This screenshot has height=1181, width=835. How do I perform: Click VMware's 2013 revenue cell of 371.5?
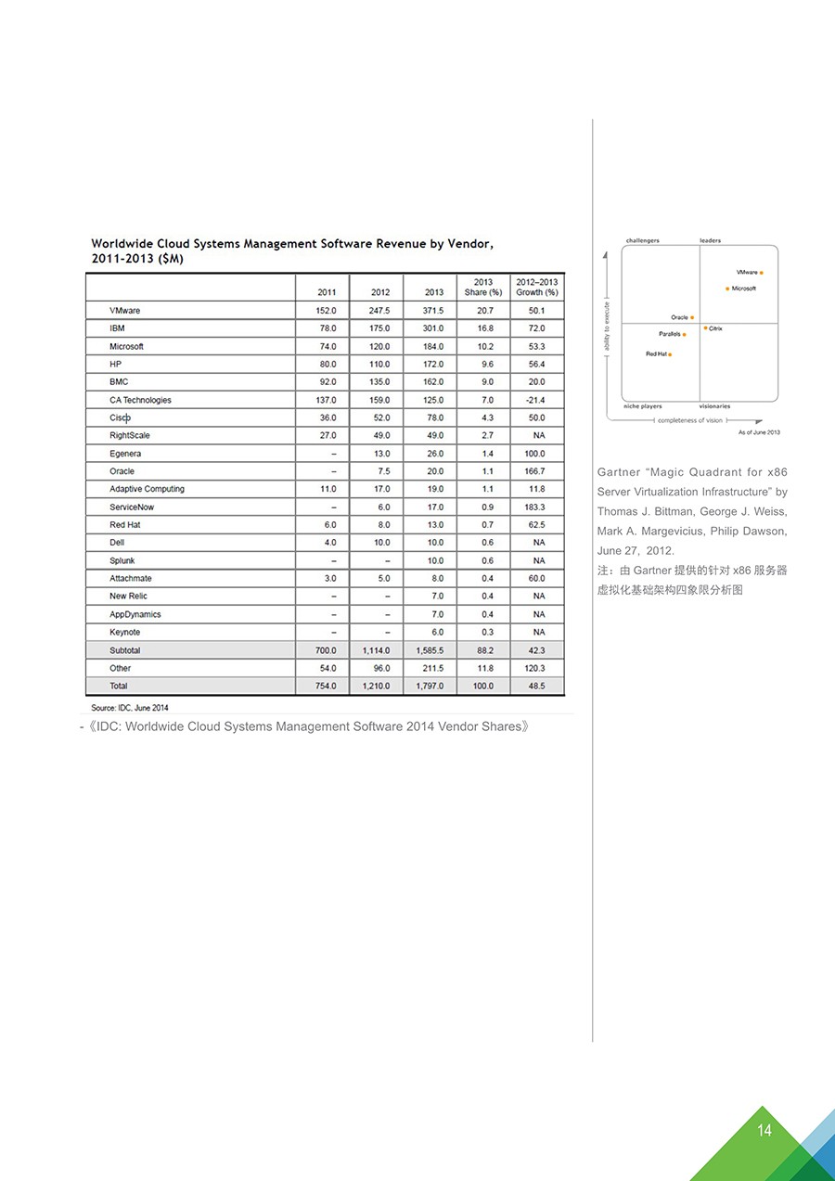click(x=433, y=311)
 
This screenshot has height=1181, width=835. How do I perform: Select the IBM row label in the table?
click(x=117, y=328)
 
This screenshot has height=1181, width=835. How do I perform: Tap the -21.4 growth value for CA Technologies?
click(x=535, y=400)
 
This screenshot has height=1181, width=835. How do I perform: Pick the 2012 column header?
click(x=380, y=292)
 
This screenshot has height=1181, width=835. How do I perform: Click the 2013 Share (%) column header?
click(x=482, y=287)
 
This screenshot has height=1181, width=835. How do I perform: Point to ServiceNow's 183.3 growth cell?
click(x=535, y=507)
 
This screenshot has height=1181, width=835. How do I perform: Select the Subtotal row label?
click(x=125, y=650)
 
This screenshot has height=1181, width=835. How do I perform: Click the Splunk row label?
click(x=122, y=560)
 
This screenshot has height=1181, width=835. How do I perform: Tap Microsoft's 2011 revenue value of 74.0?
click(x=328, y=346)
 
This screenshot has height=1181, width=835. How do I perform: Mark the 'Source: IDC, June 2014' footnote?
click(x=129, y=708)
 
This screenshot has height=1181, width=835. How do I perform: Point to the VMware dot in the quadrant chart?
click(x=762, y=273)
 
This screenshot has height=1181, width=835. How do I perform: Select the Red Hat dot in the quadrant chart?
click(x=670, y=354)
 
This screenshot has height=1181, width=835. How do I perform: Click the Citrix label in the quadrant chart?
click(x=715, y=328)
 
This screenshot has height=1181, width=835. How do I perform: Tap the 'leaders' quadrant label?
click(x=710, y=241)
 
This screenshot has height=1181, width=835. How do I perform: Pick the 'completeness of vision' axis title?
click(x=689, y=420)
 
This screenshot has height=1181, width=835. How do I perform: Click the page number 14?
click(x=764, y=1130)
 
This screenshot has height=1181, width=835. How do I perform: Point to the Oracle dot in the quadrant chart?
click(x=692, y=317)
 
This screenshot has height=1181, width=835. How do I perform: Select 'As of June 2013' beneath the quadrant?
click(x=759, y=432)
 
